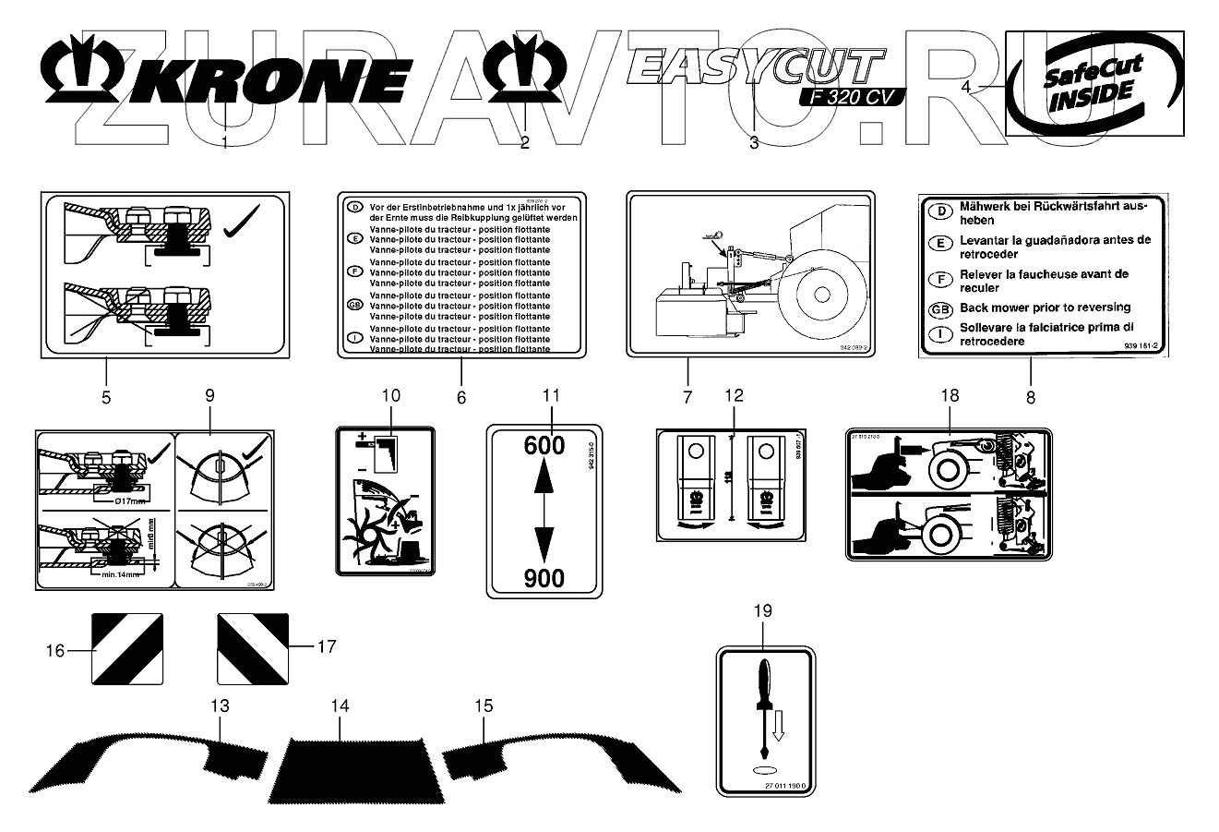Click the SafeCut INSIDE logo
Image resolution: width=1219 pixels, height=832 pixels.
[1093, 83]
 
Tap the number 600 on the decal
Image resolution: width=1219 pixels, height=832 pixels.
[544, 445]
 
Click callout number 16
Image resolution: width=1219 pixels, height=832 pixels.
[55, 651]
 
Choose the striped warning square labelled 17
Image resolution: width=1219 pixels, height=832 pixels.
[252, 647]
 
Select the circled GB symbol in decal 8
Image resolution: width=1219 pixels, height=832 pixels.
[939, 308]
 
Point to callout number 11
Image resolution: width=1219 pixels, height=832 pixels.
[551, 395]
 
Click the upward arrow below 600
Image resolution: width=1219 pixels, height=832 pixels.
[544, 479]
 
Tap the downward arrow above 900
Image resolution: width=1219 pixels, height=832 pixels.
[544, 541]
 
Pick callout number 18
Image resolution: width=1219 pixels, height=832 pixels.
[949, 395]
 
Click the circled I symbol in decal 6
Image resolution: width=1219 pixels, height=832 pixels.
[353, 339]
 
